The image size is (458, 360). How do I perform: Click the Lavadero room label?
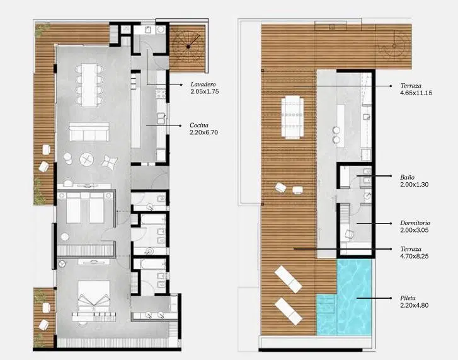click(203, 84)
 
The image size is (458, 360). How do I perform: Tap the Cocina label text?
click(199, 125)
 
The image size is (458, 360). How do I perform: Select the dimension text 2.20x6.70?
click(204, 132)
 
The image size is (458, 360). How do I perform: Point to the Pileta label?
click(408, 298)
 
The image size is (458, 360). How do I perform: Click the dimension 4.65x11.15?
click(416, 93)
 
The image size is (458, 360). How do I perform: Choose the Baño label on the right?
click(407, 177)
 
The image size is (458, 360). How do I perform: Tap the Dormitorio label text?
click(415, 223)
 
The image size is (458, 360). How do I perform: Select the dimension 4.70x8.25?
click(415, 256)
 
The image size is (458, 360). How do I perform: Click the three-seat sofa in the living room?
click(89, 132)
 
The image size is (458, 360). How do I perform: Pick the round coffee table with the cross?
click(87, 160)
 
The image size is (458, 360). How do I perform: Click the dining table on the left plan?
click(89, 85)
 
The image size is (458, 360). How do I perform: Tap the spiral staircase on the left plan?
click(188, 47)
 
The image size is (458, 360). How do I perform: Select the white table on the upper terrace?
click(292, 117)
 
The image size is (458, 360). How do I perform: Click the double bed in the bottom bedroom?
click(94, 297)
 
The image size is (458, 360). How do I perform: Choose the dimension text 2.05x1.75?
click(205, 91)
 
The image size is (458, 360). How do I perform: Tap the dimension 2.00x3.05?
click(415, 230)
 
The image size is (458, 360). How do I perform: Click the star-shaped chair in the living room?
click(110, 161)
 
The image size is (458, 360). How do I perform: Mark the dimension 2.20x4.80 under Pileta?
click(415, 305)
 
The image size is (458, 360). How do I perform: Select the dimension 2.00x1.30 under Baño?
click(415, 184)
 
